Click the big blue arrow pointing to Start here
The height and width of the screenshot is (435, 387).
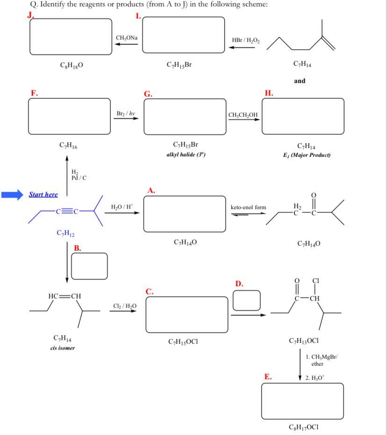[x=12, y=195]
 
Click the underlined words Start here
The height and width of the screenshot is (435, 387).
[x=43, y=194]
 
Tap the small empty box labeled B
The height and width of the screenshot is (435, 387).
[x=89, y=266]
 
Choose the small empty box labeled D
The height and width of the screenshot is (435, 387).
[x=246, y=300]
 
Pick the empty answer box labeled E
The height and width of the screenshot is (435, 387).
[x=302, y=401]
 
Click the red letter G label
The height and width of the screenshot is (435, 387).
[x=148, y=94]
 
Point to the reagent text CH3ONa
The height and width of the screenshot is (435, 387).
[x=127, y=37]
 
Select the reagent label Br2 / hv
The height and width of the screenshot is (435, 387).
[x=126, y=114]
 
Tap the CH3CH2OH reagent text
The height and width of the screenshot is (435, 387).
[x=243, y=114]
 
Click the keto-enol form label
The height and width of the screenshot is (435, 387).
[x=248, y=207]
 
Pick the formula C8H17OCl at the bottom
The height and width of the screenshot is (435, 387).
[x=304, y=427]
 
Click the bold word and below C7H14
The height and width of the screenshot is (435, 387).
[x=300, y=81]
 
